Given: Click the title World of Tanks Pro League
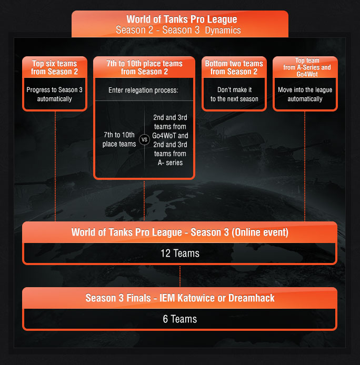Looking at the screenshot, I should coord(182,19).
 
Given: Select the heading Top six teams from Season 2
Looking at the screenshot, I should coord(55,67).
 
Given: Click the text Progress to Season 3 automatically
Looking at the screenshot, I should coord(55,94).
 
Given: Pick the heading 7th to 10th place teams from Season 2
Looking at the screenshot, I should coord(144,67).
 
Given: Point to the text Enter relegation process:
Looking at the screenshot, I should coord(144,90).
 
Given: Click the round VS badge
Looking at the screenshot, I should coord(144,140).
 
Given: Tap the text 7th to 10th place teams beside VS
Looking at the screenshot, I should coord(119,140).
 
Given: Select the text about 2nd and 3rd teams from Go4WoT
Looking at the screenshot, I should coord(169,140).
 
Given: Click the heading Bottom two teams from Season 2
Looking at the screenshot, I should coord(234,67).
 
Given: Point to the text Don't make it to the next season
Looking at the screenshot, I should coord(234,94).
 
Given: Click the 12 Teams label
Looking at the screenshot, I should coord(180,253).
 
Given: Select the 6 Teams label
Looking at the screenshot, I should coord(180,319).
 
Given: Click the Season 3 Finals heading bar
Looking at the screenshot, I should coord(180,298).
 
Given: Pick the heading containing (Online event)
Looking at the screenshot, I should coord(180,232).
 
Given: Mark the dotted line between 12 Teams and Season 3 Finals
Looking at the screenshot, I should coord(180,276).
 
